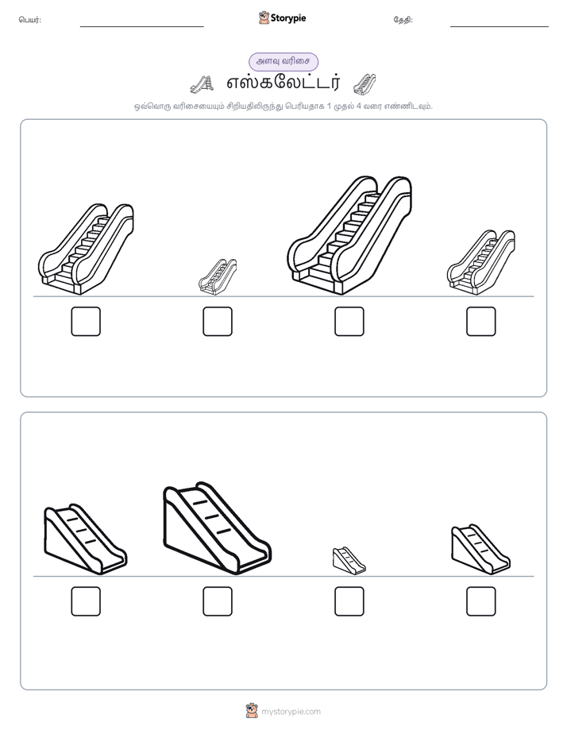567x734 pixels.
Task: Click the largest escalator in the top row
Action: coord(349,235)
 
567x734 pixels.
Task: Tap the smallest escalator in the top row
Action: coord(218,276)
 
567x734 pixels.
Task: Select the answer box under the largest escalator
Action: coord(349,322)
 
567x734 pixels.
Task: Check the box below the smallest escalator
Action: coord(218,322)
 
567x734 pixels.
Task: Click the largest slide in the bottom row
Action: coord(218,528)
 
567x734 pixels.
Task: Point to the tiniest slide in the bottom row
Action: coord(349,560)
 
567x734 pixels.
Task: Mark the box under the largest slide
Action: coord(218,601)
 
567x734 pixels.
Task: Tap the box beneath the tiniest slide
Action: coord(349,601)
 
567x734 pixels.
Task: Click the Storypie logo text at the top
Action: coord(288,18)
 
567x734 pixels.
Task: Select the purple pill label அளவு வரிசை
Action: coord(283,61)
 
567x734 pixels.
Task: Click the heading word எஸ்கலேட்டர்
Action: coord(283,83)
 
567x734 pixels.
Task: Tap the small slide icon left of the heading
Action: coord(202,83)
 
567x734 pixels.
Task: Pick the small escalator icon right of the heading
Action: coord(364,83)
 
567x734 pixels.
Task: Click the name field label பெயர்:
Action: coord(30,20)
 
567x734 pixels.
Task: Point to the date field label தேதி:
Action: coord(403,20)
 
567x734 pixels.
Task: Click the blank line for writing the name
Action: coord(141,27)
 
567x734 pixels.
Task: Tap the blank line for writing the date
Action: coord(499,27)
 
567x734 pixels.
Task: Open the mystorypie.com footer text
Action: coord(291,712)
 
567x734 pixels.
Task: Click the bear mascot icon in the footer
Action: coord(252,711)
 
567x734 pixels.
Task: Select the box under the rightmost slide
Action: coord(481,601)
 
